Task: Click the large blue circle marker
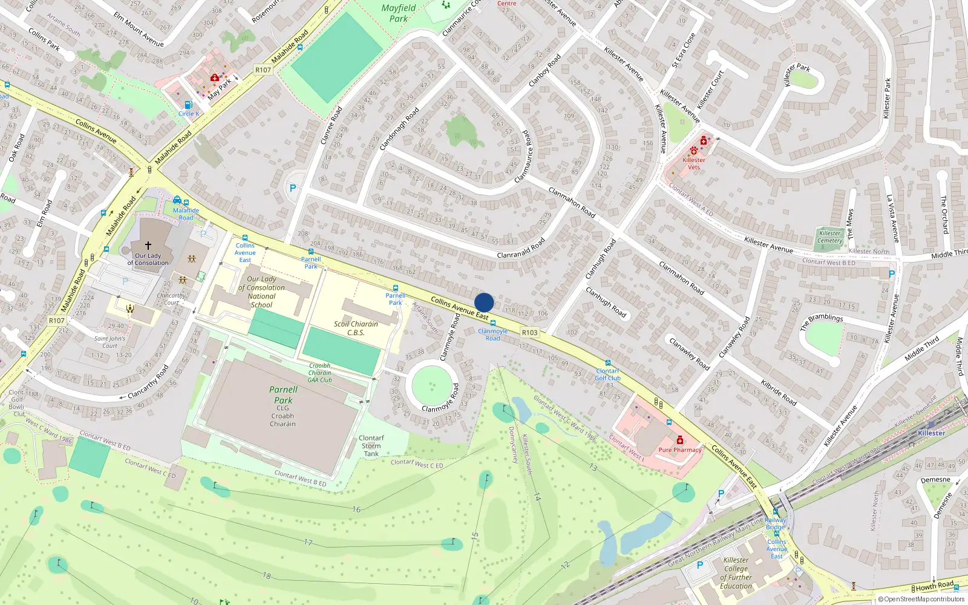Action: click(x=484, y=302)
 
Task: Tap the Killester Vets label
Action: click(x=693, y=163)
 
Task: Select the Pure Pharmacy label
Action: click(x=679, y=450)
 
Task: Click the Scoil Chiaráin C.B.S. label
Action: click(x=356, y=328)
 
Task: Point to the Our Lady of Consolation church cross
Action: click(x=148, y=246)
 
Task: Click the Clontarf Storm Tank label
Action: click(x=371, y=446)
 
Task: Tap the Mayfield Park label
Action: click(x=398, y=13)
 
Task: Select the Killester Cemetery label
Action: click(x=829, y=237)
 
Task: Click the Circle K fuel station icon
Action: click(x=188, y=105)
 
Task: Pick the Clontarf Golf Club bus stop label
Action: click(x=607, y=374)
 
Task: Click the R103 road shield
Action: click(x=529, y=332)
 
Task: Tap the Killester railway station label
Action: click(x=931, y=433)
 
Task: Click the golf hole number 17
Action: click(x=308, y=542)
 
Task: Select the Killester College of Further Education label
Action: click(x=736, y=573)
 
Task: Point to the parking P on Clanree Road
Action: click(x=293, y=188)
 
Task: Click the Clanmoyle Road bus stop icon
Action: click(x=492, y=323)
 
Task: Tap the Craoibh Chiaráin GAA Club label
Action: click(x=319, y=373)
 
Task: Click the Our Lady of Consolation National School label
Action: click(x=261, y=292)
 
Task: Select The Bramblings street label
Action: click(x=821, y=321)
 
